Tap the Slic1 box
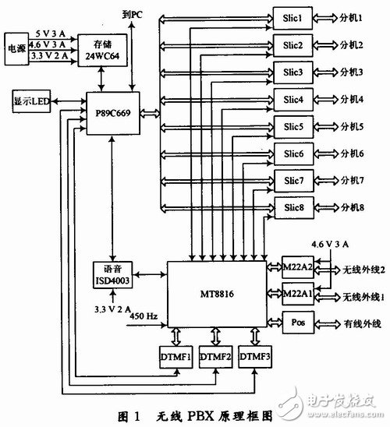[x=290, y=16]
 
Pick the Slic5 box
[x=290, y=127]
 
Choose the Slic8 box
[x=290, y=208]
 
